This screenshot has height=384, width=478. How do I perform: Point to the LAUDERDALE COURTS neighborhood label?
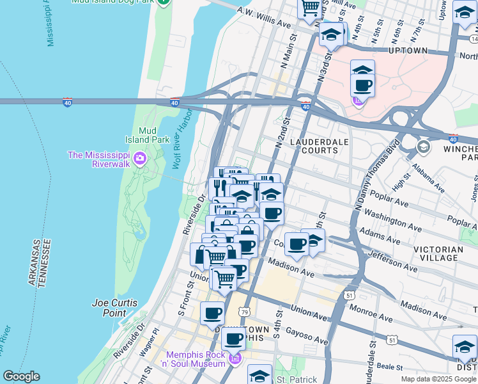tap(314, 145)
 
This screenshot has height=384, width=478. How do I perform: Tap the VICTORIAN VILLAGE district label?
tap(438, 253)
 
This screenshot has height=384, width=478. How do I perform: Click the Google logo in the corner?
tap(21, 376)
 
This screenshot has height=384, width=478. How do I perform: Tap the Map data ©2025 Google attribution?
tap(438, 379)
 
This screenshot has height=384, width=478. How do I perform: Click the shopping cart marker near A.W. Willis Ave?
tap(311, 8)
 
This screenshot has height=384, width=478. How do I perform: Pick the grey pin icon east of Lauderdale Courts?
tap(423, 148)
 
